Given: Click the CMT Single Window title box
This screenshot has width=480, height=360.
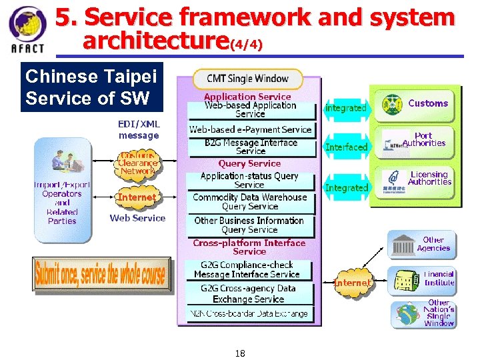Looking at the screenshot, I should pyautogui.click(x=248, y=79).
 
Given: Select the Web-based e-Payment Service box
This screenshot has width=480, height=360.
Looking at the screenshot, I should pyautogui.click(x=250, y=129).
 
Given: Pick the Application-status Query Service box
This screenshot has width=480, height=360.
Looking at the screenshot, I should pyautogui.click(x=249, y=180).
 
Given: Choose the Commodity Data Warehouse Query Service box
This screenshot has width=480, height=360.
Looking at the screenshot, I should pyautogui.click(x=249, y=201).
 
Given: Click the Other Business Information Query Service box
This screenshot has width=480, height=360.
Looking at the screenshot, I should pyautogui.click(x=249, y=225).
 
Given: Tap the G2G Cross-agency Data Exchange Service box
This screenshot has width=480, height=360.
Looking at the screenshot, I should pyautogui.click(x=248, y=293).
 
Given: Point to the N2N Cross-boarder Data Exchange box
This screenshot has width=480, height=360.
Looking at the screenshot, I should pyautogui.click(x=248, y=313).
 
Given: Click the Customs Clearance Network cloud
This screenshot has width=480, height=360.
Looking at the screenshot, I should pyautogui.click(x=137, y=163).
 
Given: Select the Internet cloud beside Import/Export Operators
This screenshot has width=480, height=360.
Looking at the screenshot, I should pyautogui.click(x=137, y=197).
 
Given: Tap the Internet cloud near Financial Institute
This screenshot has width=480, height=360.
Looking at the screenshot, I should pyautogui.click(x=352, y=283).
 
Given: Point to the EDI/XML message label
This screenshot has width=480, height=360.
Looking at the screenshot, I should pyautogui.click(x=139, y=129).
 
